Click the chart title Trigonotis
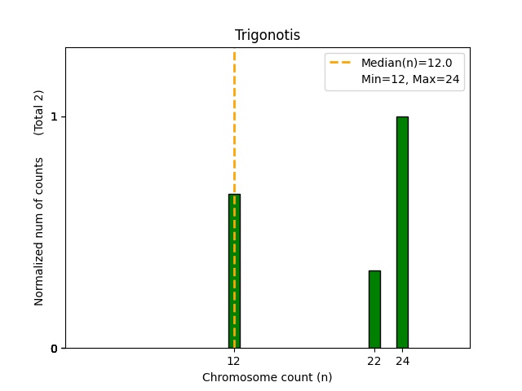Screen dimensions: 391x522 coord(268,35)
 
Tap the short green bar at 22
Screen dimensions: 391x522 coord(374,309)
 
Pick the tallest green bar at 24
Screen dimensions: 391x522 coord(402,232)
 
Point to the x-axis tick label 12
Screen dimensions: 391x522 coord(234,360)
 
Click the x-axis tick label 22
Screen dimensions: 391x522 coord(374,360)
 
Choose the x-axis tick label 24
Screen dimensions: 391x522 coord(402,360)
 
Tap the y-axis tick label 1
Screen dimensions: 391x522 coord(55,116)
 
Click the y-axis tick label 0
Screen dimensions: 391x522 coord(55,349)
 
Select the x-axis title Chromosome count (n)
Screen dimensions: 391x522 coord(268,377)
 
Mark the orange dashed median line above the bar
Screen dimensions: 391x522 coord(234,122)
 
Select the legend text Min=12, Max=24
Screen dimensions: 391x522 coord(410,79)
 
